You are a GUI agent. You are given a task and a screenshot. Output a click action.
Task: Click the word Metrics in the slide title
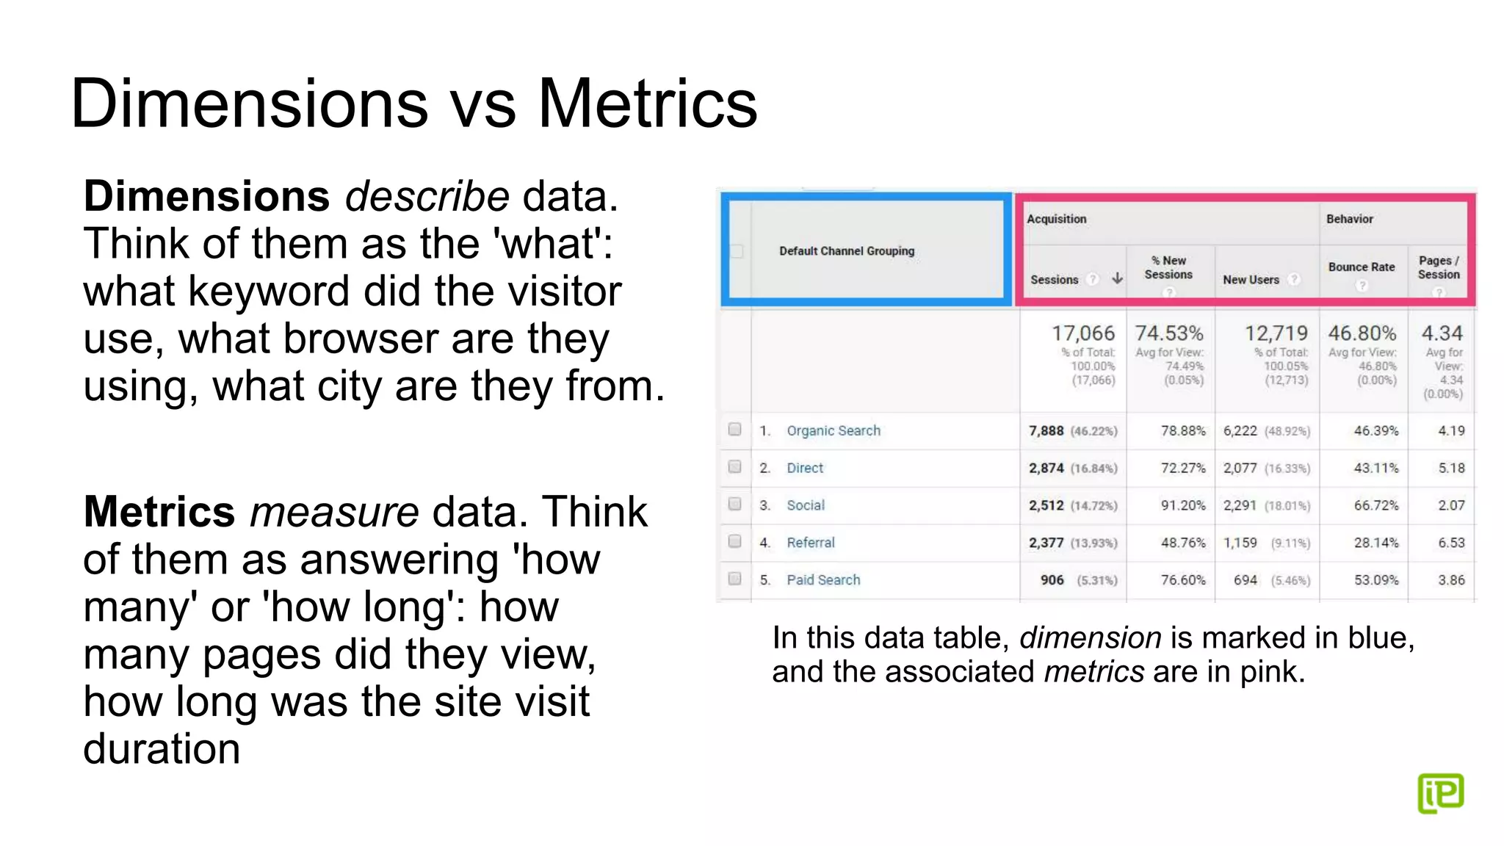pyautogui.click(x=647, y=104)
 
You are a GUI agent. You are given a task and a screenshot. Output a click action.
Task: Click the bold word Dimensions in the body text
pyautogui.click(x=206, y=197)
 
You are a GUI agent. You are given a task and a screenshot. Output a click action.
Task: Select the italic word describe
pyautogui.click(x=427, y=197)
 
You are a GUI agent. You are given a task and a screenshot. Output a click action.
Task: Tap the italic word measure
pyautogui.click(x=334, y=512)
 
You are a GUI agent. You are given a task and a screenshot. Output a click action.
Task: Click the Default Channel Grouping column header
pyautogui.click(x=847, y=251)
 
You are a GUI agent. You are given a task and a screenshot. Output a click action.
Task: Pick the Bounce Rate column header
pyautogui.click(x=1361, y=267)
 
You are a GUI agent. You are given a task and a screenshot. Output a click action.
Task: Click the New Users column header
pyautogui.click(x=1251, y=280)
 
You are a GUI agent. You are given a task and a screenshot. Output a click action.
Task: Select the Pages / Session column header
pyautogui.click(x=1439, y=267)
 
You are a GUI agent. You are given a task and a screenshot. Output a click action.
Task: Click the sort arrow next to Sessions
pyautogui.click(x=1117, y=278)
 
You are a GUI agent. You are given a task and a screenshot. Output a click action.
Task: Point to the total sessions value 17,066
pyautogui.click(x=1083, y=333)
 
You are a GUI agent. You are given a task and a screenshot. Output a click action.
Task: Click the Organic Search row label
pyautogui.click(x=834, y=431)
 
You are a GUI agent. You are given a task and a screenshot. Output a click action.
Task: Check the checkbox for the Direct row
pyautogui.click(x=734, y=467)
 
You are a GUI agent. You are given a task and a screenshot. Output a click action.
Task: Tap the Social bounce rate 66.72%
pyautogui.click(x=1376, y=506)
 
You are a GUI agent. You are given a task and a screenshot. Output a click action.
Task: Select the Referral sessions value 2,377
pyautogui.click(x=1046, y=543)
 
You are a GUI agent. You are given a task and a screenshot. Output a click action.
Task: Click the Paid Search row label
pyautogui.click(x=823, y=580)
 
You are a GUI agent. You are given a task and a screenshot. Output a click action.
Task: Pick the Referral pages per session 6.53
pyautogui.click(x=1451, y=543)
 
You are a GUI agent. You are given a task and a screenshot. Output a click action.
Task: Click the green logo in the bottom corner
pyautogui.click(x=1440, y=793)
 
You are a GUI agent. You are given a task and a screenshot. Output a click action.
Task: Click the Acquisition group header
pyautogui.click(x=1056, y=219)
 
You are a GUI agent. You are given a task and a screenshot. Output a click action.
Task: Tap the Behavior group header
pyautogui.click(x=1349, y=219)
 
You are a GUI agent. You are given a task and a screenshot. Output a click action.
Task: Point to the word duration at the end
pyautogui.click(x=162, y=749)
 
